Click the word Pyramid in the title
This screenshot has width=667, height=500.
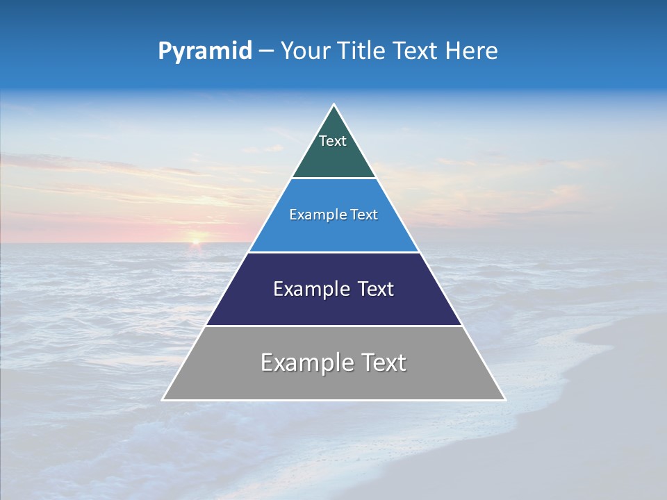click(x=205, y=51)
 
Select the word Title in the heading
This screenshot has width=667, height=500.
click(x=360, y=51)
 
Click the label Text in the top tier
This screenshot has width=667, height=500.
click(x=333, y=141)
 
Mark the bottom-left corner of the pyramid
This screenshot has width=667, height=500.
click(x=163, y=399)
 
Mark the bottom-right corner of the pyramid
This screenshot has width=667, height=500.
click(x=504, y=399)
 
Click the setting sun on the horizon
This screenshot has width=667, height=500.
click(x=197, y=242)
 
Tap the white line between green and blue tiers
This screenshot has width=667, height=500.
click(x=333, y=178)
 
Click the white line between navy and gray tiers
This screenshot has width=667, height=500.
click(x=333, y=326)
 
